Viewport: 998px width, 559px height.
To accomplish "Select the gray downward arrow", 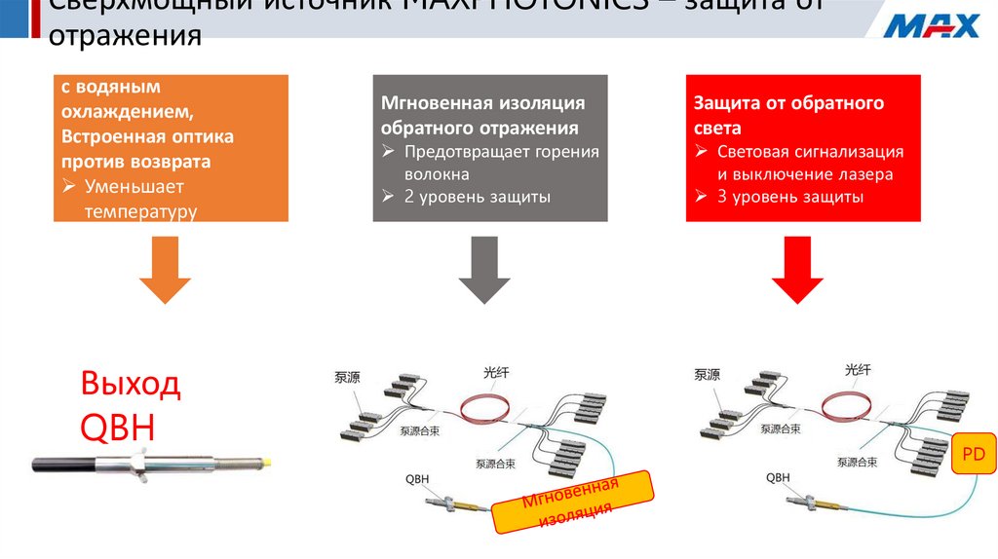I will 484,276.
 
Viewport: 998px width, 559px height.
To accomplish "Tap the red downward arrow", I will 798,276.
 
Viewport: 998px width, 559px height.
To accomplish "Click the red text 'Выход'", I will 131,384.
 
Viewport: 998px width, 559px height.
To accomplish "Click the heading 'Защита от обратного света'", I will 787,114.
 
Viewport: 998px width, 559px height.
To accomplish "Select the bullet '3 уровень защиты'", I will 789,196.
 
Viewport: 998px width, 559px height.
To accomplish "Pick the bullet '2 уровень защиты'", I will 478,196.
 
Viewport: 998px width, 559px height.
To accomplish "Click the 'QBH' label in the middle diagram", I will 416,478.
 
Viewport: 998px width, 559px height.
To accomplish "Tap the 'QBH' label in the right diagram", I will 777,477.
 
